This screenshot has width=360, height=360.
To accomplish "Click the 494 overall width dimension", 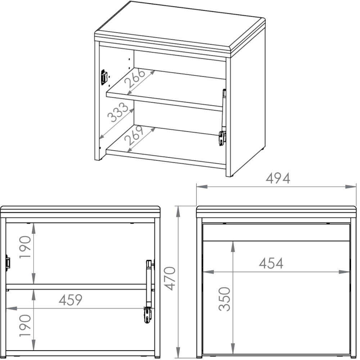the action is (278, 178).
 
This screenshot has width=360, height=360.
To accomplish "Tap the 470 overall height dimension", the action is (170, 279).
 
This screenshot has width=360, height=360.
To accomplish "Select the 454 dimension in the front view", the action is (271, 263).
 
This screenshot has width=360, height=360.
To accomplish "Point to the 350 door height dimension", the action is (224, 299).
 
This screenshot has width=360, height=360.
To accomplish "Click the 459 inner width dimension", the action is (71, 300).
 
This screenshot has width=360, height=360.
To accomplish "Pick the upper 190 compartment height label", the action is (25, 247).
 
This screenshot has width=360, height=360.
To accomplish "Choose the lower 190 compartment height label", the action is (25, 325).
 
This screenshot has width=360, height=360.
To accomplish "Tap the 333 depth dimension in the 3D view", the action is (118, 112).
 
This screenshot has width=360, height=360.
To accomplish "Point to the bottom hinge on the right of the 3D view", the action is (222, 138).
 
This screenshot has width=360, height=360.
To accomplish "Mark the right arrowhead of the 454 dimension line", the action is (345, 272).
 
